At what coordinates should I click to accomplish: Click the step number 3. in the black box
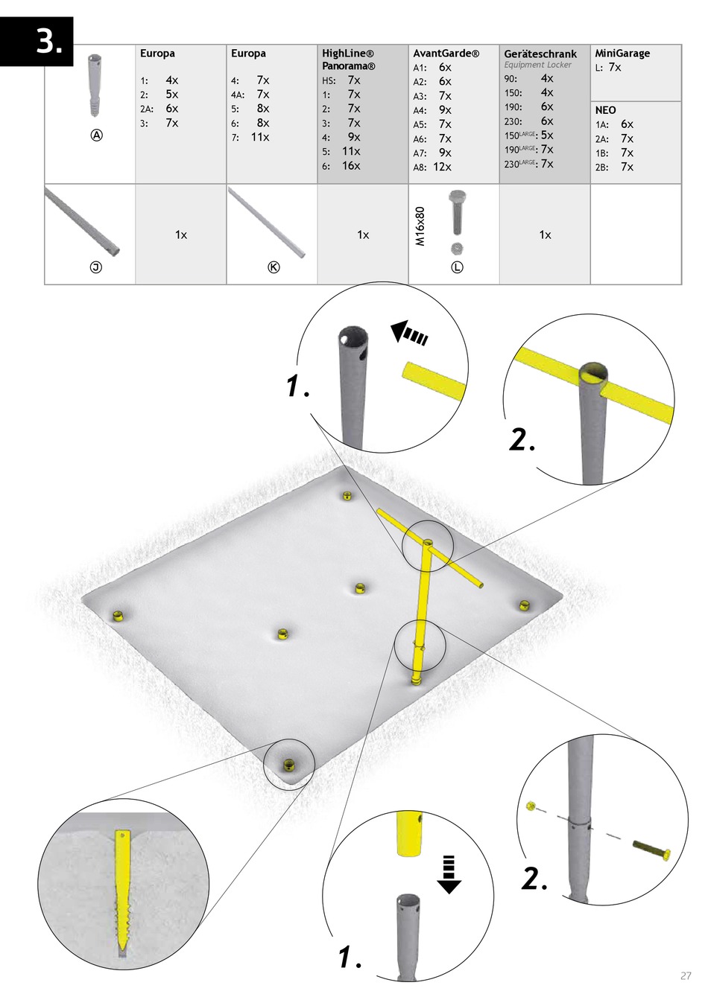(48, 43)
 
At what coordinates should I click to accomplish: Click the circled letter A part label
(96, 135)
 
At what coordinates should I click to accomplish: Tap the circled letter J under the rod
(96, 267)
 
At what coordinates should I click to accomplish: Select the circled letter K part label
(274, 267)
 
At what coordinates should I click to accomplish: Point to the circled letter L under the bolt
(457, 267)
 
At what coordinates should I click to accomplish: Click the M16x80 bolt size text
(420, 226)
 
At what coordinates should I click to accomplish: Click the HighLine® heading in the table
(348, 54)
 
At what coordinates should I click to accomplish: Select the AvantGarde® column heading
(446, 54)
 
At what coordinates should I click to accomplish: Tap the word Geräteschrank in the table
(540, 54)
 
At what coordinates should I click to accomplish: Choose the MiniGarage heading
(622, 54)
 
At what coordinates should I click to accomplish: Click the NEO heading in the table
(605, 110)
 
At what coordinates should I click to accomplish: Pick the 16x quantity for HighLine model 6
(351, 165)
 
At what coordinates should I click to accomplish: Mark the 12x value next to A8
(442, 167)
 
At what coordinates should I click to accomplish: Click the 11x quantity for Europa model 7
(260, 137)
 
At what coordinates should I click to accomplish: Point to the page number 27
(686, 976)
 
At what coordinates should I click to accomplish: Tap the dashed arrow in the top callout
(408, 334)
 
